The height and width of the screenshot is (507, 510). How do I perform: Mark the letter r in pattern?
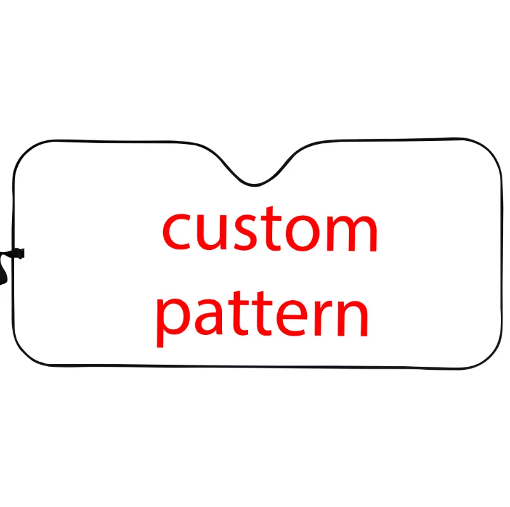click(317, 315)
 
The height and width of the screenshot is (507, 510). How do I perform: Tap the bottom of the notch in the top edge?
click(254, 185)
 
